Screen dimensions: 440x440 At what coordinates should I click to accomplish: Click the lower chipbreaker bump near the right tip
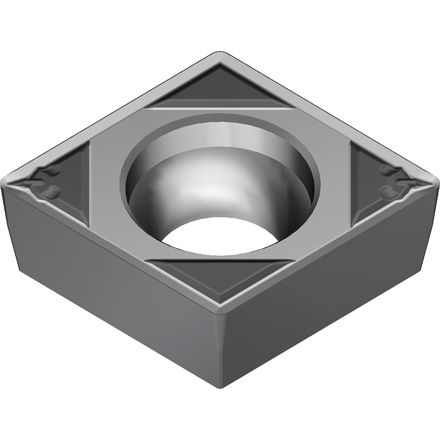(x=387, y=191)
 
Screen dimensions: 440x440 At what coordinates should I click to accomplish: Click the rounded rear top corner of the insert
(x=220, y=55)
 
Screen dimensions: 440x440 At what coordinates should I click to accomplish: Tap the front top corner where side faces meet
(x=220, y=308)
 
